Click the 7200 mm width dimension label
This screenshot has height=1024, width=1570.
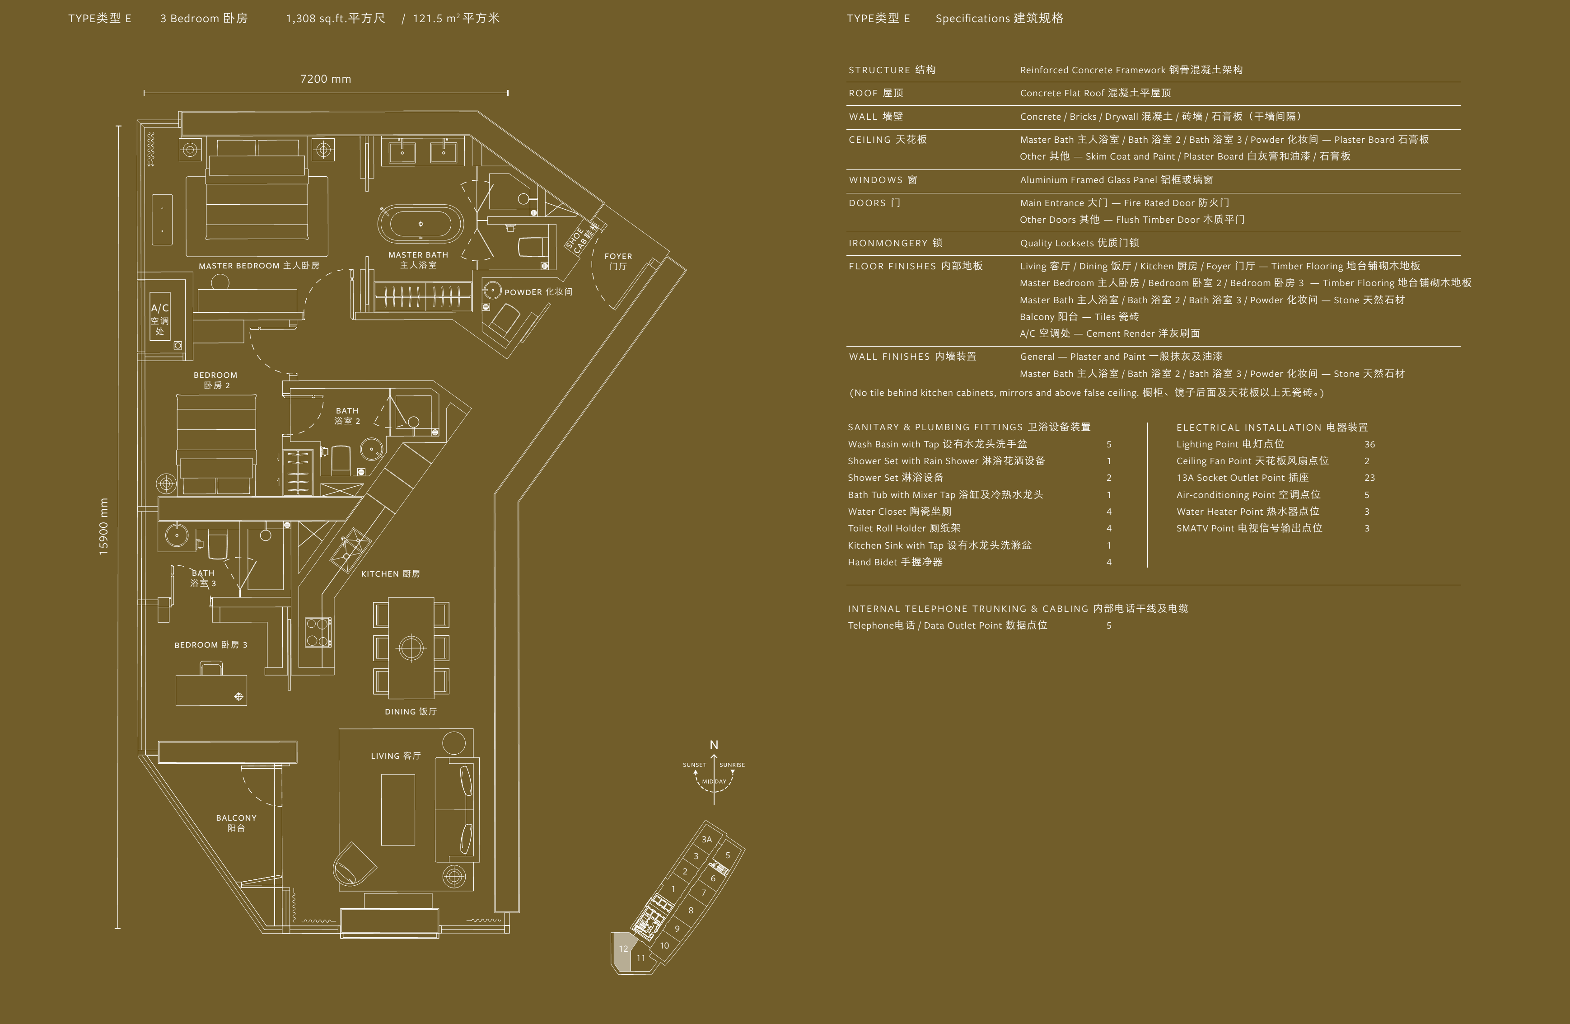[325, 79]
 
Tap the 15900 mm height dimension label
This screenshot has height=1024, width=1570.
[103, 526]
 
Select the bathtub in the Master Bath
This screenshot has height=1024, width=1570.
[421, 224]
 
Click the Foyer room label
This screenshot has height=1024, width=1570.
[618, 261]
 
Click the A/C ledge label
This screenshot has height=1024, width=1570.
[159, 318]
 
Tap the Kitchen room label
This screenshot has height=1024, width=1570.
[390, 574]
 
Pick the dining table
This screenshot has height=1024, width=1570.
[411, 648]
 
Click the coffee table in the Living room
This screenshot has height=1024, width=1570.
[398, 809]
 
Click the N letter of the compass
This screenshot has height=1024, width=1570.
[714, 745]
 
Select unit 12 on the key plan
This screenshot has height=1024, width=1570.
[623, 949]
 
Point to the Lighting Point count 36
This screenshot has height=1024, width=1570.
[1369, 445]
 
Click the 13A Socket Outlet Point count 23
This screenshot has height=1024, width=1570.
[1369, 478]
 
